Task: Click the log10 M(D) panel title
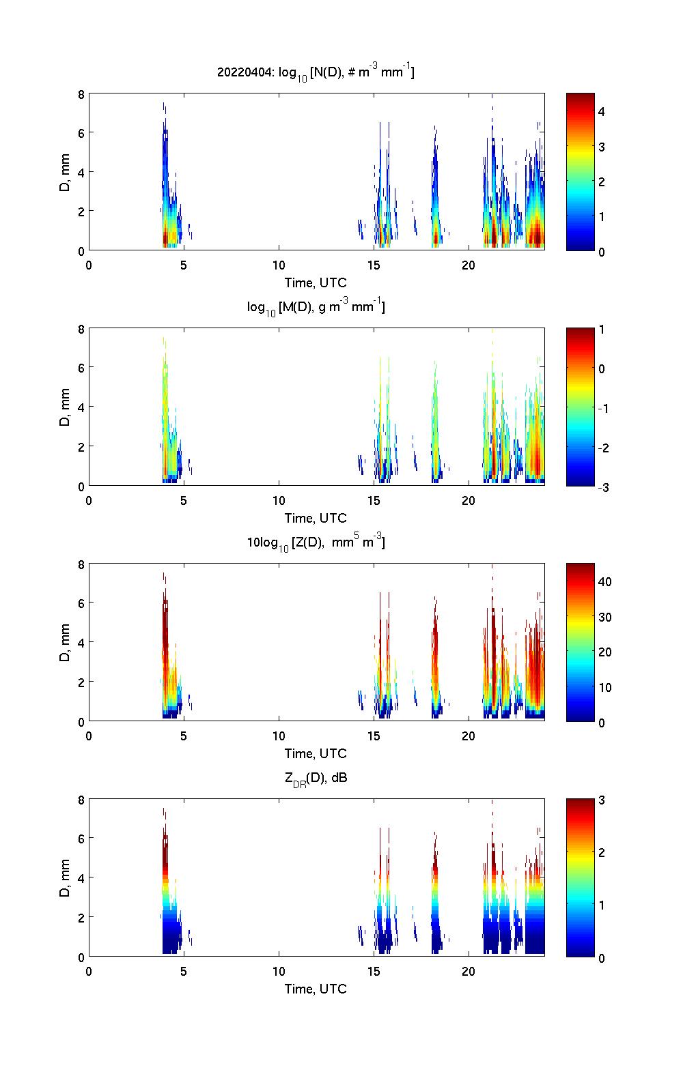(x=316, y=308)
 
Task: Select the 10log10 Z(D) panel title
(x=316, y=543)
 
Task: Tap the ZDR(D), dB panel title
(x=316, y=778)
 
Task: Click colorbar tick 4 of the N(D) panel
(x=602, y=111)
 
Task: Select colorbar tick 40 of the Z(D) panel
(x=604, y=581)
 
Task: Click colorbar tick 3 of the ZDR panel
(x=602, y=800)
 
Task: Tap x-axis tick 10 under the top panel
(x=279, y=265)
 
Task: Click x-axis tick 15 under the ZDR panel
(x=374, y=971)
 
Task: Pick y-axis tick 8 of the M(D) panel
(x=81, y=329)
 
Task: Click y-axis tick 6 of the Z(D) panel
(x=81, y=603)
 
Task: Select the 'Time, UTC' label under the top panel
(x=316, y=282)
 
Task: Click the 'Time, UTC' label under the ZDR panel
(x=316, y=989)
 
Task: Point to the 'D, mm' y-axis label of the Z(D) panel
(x=65, y=643)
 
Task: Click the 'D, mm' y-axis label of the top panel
(x=65, y=172)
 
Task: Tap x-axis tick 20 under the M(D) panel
(x=469, y=500)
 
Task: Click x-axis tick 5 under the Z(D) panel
(x=184, y=736)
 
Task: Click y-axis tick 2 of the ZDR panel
(x=81, y=917)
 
